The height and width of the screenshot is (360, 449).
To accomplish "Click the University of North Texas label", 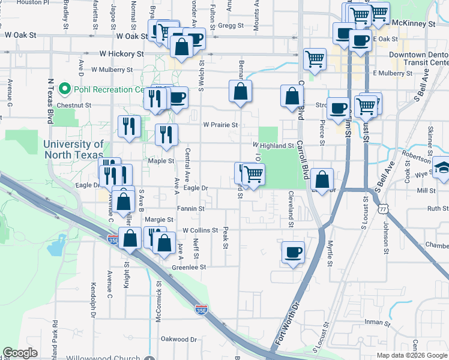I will coord(73,149).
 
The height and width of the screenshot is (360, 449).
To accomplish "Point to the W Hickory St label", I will coord(121,53).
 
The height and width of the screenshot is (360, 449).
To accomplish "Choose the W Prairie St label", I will coord(220,125).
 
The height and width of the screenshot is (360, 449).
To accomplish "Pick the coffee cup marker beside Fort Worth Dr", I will coord(293,252).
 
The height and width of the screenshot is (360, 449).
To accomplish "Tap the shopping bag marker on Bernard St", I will coord(240,91).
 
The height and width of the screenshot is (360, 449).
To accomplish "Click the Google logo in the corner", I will coord(20,353).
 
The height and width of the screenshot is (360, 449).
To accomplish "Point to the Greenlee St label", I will coord(189,267).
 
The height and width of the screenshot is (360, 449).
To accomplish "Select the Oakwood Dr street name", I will coord(179,339).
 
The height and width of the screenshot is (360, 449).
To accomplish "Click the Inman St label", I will coord(378,323).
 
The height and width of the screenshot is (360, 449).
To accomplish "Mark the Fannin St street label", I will coord(191,209).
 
